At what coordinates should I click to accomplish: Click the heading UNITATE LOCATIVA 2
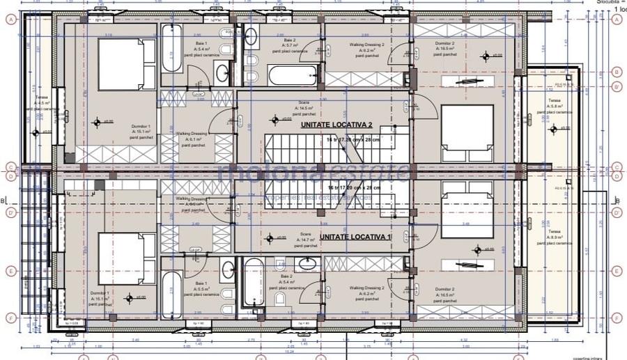(337, 125)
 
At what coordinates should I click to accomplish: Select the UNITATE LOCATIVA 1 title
(355, 237)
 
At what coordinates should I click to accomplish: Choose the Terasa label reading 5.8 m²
(555, 105)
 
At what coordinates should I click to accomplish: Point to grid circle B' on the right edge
(616, 87)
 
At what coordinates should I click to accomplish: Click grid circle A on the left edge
(10, 19)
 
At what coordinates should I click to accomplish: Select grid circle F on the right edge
(616, 318)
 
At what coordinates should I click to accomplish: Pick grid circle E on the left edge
(10, 270)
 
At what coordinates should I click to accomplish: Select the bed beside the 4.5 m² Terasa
(121, 63)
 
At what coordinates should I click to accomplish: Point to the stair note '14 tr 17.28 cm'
(353, 140)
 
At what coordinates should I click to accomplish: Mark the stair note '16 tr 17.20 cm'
(353, 188)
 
